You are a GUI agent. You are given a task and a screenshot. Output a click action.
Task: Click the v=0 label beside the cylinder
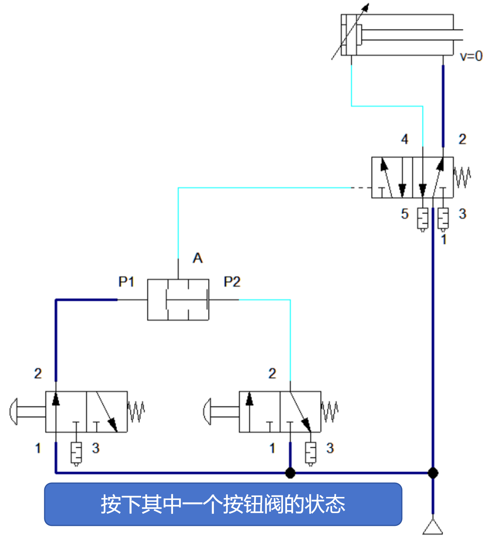(x=471, y=56)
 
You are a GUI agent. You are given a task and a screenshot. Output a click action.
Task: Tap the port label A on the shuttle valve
(x=197, y=258)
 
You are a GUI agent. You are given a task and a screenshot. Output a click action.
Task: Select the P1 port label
(x=126, y=282)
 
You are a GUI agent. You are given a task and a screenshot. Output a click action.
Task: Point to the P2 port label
(x=232, y=282)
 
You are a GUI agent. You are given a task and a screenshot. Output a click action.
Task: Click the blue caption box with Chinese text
(x=223, y=504)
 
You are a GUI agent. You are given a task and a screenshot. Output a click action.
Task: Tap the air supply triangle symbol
(x=433, y=527)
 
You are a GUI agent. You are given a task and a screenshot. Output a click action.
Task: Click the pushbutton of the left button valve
(x=14, y=411)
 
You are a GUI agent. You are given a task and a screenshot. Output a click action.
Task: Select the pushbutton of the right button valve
(x=208, y=411)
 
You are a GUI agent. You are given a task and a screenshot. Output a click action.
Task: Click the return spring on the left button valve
(x=136, y=411)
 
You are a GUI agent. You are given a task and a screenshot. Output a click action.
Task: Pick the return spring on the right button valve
(x=330, y=411)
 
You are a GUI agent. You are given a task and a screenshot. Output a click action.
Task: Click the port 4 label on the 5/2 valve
(x=404, y=139)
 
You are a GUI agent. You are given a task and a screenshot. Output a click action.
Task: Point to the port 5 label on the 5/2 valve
(x=404, y=214)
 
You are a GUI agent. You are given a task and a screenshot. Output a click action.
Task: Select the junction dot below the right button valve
(x=290, y=473)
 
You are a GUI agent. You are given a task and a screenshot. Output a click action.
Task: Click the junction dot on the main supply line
(x=433, y=473)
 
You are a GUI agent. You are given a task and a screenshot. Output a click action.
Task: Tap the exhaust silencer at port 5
(x=423, y=218)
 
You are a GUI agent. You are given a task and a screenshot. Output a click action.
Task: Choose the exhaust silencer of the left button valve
(x=76, y=453)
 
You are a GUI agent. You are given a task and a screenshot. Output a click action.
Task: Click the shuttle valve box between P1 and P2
(x=178, y=300)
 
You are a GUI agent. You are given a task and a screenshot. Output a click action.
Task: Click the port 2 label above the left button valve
(x=38, y=373)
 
